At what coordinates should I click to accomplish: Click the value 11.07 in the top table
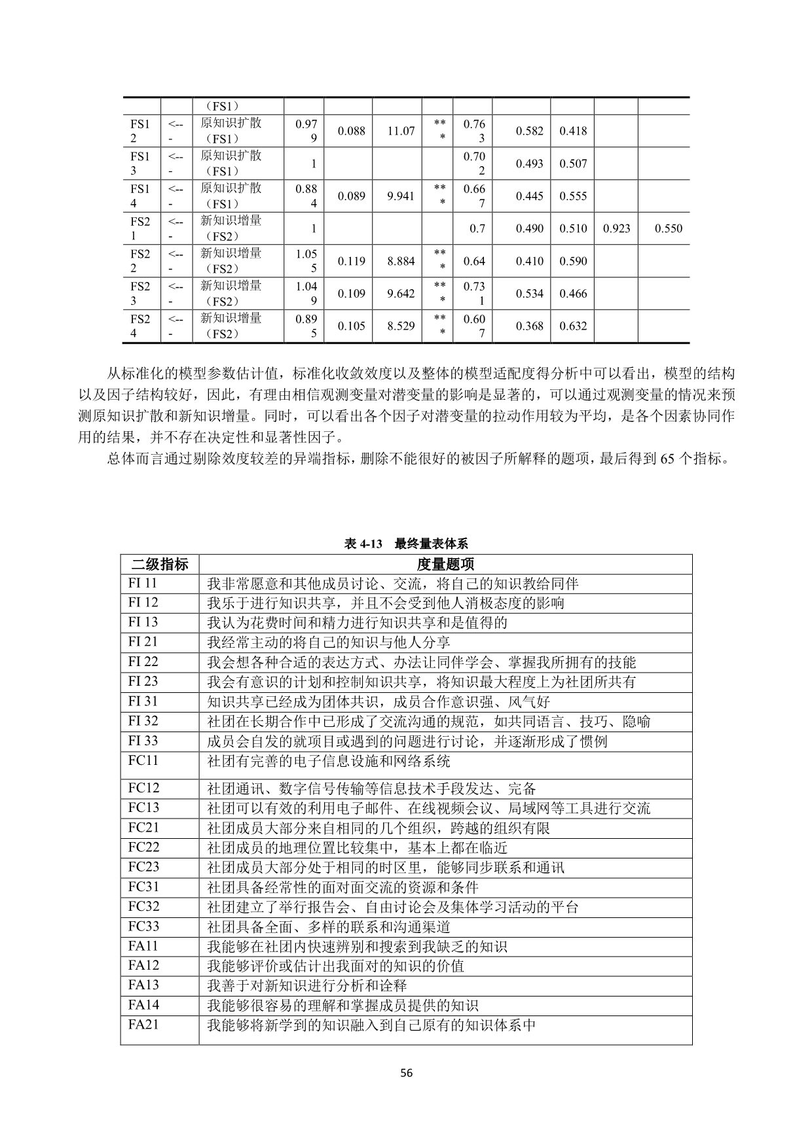pyautogui.click(x=401, y=131)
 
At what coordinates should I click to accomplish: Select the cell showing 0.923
pyautogui.click(x=616, y=228)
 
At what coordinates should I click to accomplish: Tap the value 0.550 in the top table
pyautogui.click(x=669, y=228)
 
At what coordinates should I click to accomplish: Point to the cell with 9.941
pyautogui.click(x=401, y=196)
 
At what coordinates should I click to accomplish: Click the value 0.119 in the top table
pyautogui.click(x=352, y=261)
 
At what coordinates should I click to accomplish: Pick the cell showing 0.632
pyautogui.click(x=573, y=326)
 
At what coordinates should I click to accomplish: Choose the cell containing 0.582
pyautogui.click(x=529, y=131)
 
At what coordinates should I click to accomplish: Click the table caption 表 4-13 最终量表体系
pyautogui.click(x=406, y=544)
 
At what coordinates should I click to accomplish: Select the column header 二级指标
pyautogui.click(x=160, y=564)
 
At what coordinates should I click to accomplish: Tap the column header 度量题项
pyautogui.click(x=445, y=564)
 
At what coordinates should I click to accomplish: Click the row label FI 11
pyautogui.click(x=143, y=583)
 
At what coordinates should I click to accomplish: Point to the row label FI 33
pyautogui.click(x=143, y=741)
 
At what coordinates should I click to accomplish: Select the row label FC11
pyautogui.click(x=143, y=760)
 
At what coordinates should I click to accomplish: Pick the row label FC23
pyautogui.click(x=143, y=867)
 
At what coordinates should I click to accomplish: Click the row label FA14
pyautogui.click(x=143, y=1004)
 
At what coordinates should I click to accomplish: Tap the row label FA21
pyautogui.click(x=143, y=1025)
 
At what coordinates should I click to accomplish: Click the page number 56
pyautogui.click(x=407, y=1073)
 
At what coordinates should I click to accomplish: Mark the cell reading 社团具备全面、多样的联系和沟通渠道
pyautogui.click(x=329, y=926)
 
